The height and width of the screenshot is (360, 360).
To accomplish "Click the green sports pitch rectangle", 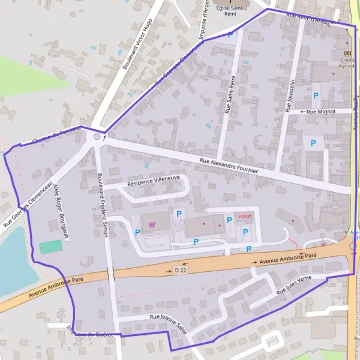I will [51, 246].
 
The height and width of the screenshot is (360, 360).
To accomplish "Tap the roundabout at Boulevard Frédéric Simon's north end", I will [97, 137].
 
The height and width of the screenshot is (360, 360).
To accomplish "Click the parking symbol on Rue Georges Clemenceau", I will [231, 35].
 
